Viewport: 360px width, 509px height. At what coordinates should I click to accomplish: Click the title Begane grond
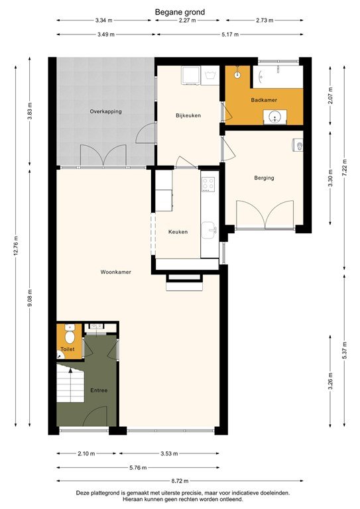tap(180, 12)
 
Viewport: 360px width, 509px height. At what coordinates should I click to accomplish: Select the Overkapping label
tap(105, 111)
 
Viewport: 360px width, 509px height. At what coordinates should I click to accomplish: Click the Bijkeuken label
tap(188, 115)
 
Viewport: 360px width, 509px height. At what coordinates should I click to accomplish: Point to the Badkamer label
tap(264, 100)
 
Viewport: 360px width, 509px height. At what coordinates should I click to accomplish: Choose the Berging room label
tap(264, 178)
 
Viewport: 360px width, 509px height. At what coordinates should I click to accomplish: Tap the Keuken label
tap(178, 232)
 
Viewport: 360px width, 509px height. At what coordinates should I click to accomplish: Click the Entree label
tap(99, 390)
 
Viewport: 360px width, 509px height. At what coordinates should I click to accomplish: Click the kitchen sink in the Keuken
tap(210, 231)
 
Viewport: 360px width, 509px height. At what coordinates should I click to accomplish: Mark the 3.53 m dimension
tap(170, 453)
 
